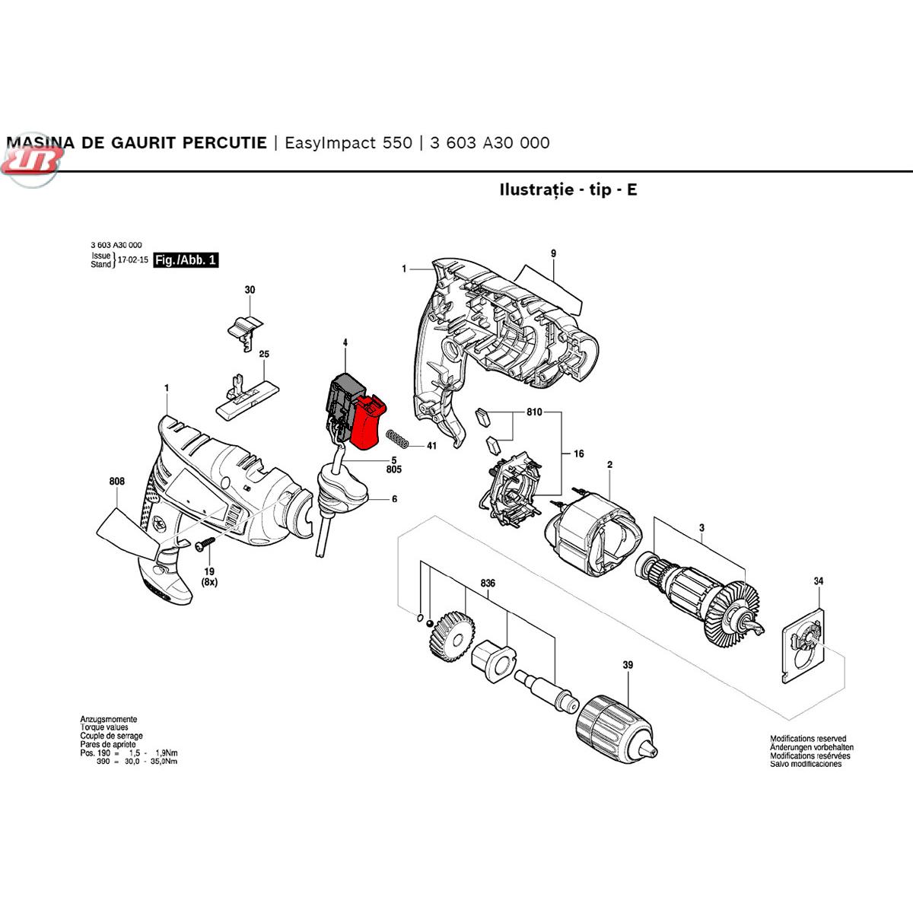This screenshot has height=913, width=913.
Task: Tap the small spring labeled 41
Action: (398, 439)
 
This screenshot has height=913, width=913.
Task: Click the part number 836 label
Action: (488, 584)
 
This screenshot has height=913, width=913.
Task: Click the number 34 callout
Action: (818, 582)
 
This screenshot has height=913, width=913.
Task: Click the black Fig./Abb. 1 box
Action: (186, 260)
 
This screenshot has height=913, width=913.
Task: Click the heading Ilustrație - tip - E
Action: (568, 189)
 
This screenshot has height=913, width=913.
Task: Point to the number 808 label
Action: (116, 482)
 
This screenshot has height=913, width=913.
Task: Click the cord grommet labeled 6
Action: (342, 491)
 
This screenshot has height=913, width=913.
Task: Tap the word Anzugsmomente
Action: (109, 719)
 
